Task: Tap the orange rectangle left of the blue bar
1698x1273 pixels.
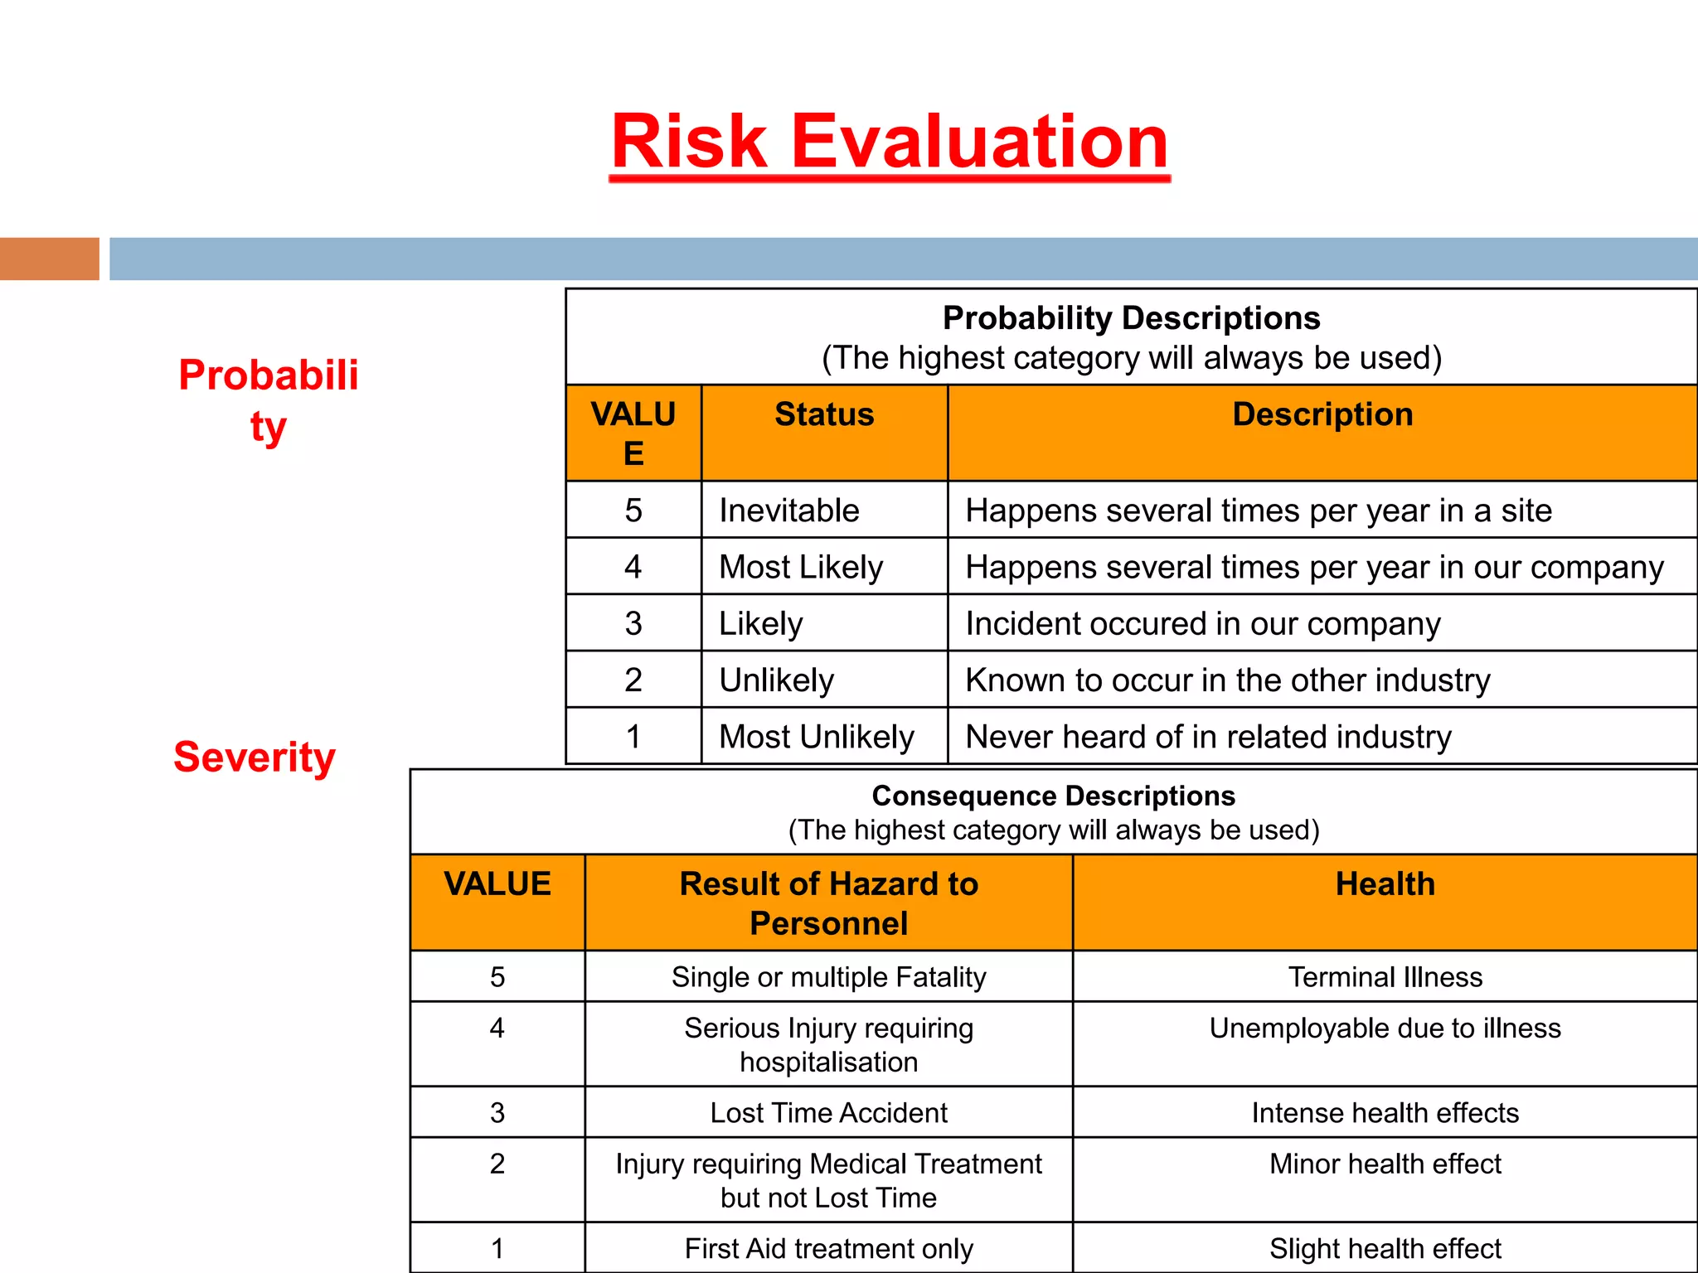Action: pyautogui.click(x=49, y=259)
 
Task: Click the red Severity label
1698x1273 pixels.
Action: pyautogui.click(x=255, y=757)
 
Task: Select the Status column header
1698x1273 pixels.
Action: pyautogui.click(x=824, y=414)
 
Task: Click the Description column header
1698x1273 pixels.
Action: pyautogui.click(x=1322, y=414)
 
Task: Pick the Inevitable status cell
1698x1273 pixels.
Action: pyautogui.click(x=789, y=511)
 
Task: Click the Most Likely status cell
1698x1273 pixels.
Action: pyautogui.click(x=801, y=568)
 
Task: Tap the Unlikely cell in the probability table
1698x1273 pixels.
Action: pyautogui.click(x=777, y=680)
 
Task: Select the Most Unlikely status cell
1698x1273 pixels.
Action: pyautogui.click(x=817, y=737)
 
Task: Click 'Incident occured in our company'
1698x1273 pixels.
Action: pyautogui.click(x=1203, y=624)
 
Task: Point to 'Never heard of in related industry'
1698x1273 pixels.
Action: pyautogui.click(x=1209, y=737)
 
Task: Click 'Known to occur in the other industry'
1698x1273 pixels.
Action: pyautogui.click(x=1228, y=680)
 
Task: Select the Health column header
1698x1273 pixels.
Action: pyautogui.click(x=1385, y=884)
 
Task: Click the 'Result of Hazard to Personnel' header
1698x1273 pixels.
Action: pyautogui.click(x=828, y=903)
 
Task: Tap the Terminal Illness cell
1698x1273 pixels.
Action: pyautogui.click(x=1385, y=977)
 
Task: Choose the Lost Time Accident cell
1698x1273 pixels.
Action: pyautogui.click(x=828, y=1113)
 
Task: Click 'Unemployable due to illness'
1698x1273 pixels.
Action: pyautogui.click(x=1385, y=1029)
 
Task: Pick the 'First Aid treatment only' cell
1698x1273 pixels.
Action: pyautogui.click(x=828, y=1248)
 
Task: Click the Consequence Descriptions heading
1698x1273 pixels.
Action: pyautogui.click(x=1053, y=796)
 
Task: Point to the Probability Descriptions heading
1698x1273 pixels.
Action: pyautogui.click(x=1131, y=318)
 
